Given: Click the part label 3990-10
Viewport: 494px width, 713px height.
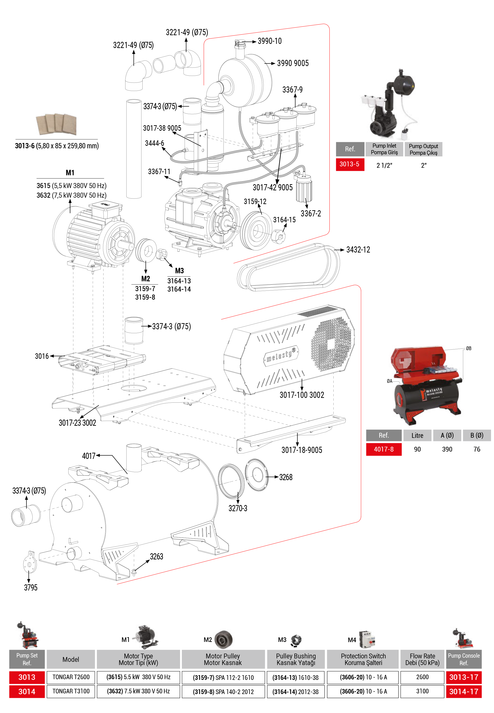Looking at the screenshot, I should tap(270, 41).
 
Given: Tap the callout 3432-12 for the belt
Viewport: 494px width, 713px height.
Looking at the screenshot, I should tap(358, 250).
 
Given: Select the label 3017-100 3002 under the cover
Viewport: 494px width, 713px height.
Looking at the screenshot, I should tap(302, 395).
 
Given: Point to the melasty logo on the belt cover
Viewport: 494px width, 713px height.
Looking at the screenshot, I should tap(281, 356).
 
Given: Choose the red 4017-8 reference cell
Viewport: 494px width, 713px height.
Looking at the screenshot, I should tap(383, 449).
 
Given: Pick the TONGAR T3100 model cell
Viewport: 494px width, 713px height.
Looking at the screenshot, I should tap(71, 691).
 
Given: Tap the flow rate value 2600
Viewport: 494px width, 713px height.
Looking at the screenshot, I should tap(422, 677).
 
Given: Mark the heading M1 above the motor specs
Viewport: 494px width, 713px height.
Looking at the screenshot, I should tap(70, 173).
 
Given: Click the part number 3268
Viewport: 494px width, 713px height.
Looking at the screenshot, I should tap(286, 477).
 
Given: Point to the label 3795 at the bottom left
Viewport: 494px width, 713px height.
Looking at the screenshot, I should tap(31, 588).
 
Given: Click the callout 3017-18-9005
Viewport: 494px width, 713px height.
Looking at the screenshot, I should tap(302, 450).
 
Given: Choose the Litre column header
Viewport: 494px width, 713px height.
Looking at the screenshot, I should tap(417, 435).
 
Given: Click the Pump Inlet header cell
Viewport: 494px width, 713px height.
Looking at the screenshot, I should tap(384, 149).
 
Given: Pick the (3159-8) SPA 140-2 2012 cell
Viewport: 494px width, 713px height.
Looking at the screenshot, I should tap(223, 692).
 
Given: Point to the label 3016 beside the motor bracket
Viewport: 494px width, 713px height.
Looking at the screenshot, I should tap(42, 356).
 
